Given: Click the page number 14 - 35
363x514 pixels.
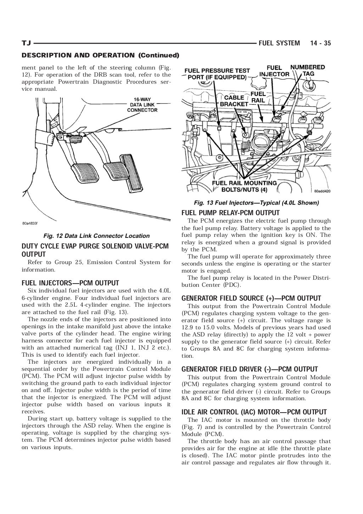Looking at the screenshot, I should pos(320,43).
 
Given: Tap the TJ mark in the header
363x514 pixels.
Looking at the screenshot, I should pos(26,43).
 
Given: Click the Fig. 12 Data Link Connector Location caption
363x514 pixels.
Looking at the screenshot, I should pos(96,236).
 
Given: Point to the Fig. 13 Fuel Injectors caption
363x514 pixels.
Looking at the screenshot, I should pos(256,203).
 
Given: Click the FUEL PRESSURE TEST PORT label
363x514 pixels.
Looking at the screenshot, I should pos(217,74).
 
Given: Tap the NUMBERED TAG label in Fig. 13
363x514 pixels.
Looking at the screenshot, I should pos(307,70).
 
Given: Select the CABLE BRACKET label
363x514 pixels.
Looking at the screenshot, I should pos(234,101).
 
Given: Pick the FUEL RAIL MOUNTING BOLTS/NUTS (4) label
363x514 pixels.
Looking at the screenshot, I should pos(244,186).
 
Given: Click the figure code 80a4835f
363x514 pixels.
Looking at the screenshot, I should pos(30,224).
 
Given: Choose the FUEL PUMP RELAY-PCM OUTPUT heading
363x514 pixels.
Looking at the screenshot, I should pos(230,213).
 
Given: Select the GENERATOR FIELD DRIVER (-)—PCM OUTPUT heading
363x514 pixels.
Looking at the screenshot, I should pos(250,369).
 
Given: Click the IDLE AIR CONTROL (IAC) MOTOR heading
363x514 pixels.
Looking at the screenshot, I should pos(254,412).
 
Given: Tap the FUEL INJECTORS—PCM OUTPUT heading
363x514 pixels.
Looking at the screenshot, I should pos(70,283).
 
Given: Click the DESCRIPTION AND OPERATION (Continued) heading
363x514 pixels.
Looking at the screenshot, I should pos(100,55).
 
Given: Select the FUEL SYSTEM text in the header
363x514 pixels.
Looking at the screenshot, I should pos(279,43).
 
